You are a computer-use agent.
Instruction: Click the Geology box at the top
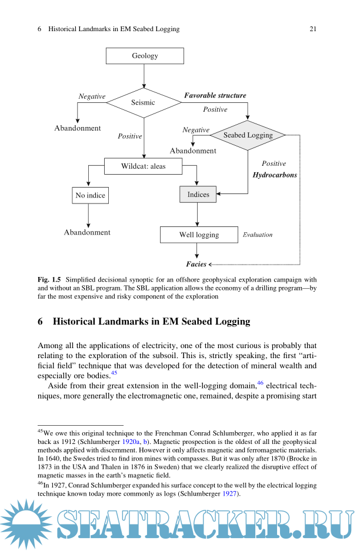[x=145, y=56]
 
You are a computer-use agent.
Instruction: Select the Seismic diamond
[x=144, y=102]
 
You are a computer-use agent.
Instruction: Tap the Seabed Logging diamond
[x=248, y=135]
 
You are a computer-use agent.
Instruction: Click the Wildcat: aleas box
[x=144, y=166]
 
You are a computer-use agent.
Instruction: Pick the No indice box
[x=91, y=195]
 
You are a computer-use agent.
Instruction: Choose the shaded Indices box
[x=198, y=195]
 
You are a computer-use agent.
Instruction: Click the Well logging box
[x=199, y=235]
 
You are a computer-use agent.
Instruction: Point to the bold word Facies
[x=196, y=264]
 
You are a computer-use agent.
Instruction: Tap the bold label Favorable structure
[x=215, y=95]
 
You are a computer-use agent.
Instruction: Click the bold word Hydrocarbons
[x=275, y=175]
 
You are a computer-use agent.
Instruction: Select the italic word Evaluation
[x=258, y=235]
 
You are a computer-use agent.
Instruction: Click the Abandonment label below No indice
[x=87, y=232]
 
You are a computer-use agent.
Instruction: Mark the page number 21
[x=313, y=29]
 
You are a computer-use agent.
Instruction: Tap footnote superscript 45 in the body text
[x=114, y=373]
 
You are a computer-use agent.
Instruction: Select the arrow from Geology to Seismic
[x=144, y=76]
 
